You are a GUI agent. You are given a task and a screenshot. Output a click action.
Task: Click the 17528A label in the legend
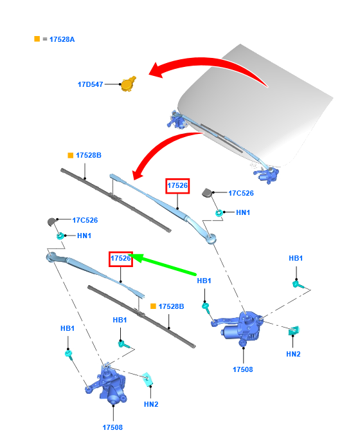[62, 39]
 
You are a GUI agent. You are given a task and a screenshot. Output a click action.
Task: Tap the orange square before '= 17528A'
[37, 39]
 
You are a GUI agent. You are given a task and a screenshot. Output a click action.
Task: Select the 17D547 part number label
[91, 84]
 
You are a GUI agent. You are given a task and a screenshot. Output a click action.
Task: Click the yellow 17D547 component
[128, 84]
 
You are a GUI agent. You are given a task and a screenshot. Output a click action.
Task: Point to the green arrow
[163, 265]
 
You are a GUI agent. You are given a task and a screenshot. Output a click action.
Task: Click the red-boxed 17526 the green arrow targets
[121, 259]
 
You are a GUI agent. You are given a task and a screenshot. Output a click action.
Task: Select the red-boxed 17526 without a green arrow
[177, 186]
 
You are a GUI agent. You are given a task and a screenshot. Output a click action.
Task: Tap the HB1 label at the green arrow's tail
[204, 281]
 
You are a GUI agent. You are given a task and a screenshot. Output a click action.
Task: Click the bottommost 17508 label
[113, 427]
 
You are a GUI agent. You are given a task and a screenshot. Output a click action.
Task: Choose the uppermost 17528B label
[89, 155]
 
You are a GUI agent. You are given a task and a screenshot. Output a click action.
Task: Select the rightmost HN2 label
[293, 354]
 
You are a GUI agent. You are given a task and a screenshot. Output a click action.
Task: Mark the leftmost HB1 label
[67, 328]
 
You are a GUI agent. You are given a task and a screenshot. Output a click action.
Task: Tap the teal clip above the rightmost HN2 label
[294, 331]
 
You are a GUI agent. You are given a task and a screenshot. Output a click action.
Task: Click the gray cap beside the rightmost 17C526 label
[207, 192]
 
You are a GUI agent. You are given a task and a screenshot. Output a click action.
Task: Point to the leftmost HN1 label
[84, 236]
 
